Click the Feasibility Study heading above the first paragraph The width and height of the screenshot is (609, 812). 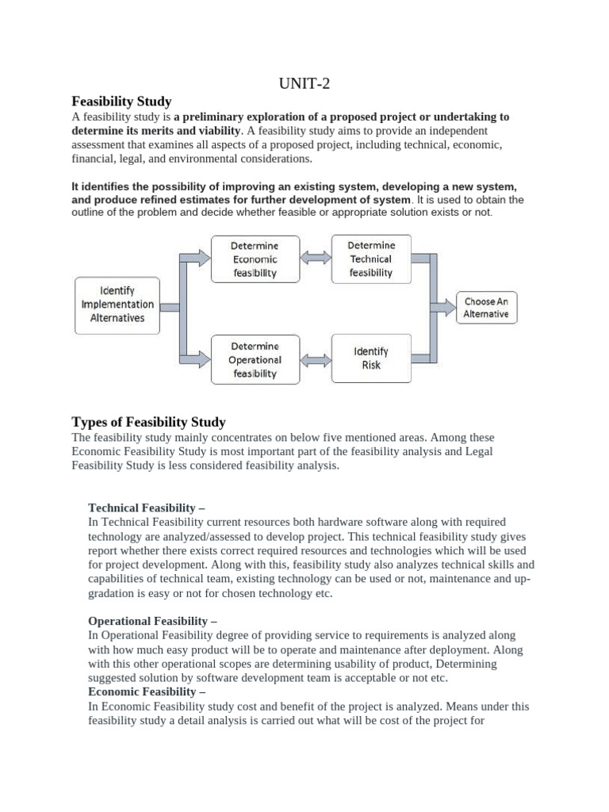click(121, 101)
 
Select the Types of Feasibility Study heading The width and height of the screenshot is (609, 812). click(148, 422)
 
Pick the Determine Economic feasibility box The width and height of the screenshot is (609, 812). click(255, 259)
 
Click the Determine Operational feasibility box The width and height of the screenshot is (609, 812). click(255, 359)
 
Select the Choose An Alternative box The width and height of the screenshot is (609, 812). click(487, 308)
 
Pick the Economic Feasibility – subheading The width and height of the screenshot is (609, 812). click(147, 692)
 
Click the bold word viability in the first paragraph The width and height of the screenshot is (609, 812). click(213, 130)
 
